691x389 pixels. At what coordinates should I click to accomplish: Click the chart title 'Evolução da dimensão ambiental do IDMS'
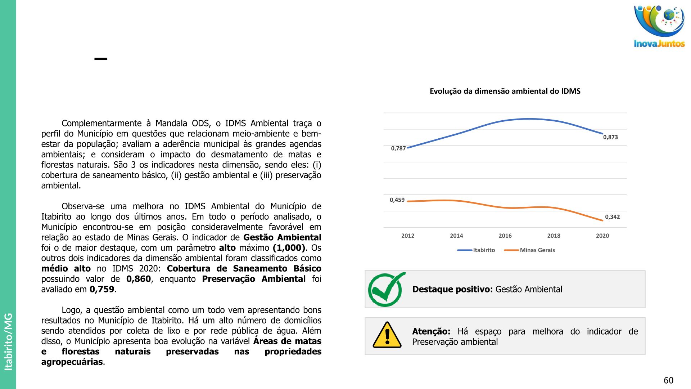[505, 91]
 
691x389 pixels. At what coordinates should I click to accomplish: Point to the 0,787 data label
[398, 148]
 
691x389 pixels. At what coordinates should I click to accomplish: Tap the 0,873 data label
[610, 137]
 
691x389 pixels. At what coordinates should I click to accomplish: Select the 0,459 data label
[397, 200]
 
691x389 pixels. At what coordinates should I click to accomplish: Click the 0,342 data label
[612, 217]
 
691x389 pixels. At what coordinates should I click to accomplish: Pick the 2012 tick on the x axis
[408, 236]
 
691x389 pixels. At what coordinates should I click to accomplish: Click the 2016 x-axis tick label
[505, 236]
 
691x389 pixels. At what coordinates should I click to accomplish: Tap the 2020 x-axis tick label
[602, 236]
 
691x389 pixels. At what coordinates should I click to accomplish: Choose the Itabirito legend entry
[483, 250]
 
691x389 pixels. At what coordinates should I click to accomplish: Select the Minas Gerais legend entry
[537, 250]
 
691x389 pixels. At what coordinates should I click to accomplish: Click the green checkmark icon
[386, 289]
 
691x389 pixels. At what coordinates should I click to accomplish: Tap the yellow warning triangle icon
[387, 335]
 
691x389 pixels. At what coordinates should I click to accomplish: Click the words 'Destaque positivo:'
[452, 289]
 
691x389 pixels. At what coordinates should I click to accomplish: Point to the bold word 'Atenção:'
[431, 331]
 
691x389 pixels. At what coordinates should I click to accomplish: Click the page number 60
[668, 380]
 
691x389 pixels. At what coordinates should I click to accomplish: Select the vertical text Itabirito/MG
[8, 341]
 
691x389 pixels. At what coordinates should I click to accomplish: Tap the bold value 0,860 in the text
[139, 279]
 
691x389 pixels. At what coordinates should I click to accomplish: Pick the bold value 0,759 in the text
[102, 290]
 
